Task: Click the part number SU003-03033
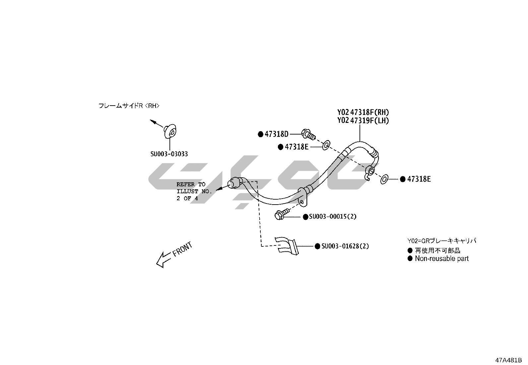tap(169, 154)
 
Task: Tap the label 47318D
tap(277, 134)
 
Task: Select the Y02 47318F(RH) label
tap(363, 112)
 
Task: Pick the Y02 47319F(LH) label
tap(363, 120)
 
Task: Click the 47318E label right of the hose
tap(419, 179)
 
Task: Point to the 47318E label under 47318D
tap(297, 147)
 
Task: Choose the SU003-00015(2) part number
tap(333, 217)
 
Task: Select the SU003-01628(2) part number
tap(345, 246)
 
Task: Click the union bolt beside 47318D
tap(308, 135)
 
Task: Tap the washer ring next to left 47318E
tap(326, 145)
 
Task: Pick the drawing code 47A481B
tap(509, 360)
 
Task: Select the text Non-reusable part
tap(441, 258)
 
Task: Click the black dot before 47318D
tap(261, 134)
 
